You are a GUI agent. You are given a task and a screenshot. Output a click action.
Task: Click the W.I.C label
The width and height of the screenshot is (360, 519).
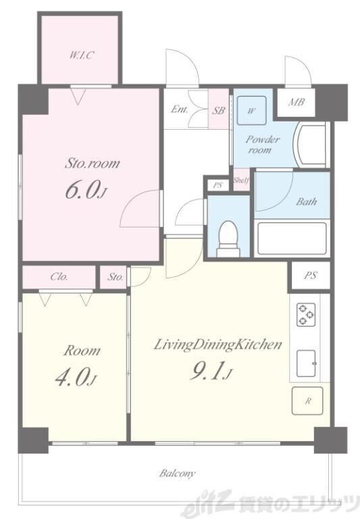(x=81, y=55)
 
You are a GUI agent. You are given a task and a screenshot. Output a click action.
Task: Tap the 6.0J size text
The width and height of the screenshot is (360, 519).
(x=86, y=191)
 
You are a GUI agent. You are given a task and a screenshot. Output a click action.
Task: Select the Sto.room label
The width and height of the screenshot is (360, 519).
(x=92, y=163)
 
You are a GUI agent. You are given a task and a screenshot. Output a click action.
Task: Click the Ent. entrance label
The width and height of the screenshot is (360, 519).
(x=180, y=109)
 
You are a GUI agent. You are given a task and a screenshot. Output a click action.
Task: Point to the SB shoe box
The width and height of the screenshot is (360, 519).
(x=218, y=110)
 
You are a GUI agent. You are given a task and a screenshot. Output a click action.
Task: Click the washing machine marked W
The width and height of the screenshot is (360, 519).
(x=252, y=110)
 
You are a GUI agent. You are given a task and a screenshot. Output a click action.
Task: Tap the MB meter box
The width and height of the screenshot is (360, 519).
(x=296, y=103)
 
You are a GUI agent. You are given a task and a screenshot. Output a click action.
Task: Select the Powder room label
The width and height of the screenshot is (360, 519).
(x=262, y=145)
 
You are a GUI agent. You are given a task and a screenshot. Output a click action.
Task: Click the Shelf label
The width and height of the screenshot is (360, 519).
(x=241, y=180)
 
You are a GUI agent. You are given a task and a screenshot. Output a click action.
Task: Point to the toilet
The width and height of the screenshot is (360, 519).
(x=228, y=239)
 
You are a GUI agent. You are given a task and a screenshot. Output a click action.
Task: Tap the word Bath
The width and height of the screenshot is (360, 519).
(x=306, y=201)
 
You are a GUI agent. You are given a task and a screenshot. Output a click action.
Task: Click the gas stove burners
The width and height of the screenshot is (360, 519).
(x=306, y=315)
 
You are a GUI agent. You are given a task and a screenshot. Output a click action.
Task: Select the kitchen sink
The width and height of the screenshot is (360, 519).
(x=306, y=363)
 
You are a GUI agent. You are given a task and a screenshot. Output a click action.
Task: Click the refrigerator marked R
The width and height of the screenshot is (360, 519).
(x=307, y=401)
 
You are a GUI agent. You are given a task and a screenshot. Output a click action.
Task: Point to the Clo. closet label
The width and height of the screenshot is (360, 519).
(x=59, y=276)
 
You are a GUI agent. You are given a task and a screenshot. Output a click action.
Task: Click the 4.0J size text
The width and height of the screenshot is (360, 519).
(x=76, y=378)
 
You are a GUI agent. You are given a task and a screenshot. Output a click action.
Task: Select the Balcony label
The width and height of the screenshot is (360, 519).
(x=178, y=474)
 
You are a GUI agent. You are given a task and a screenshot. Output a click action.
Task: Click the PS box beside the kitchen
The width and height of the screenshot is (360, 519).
(x=311, y=276)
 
